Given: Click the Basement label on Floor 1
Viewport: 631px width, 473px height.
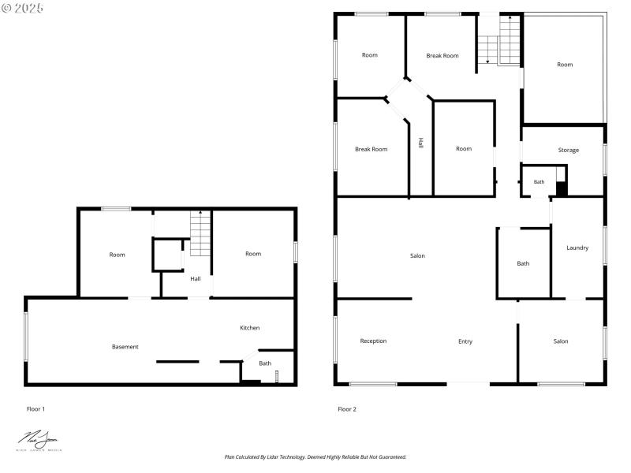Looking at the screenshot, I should [x=125, y=347].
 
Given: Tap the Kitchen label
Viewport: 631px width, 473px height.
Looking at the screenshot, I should [x=250, y=328].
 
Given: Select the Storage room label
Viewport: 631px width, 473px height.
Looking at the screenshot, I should [x=568, y=150].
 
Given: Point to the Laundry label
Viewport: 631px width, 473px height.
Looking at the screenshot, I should [x=577, y=248].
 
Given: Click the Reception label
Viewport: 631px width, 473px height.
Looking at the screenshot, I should [x=373, y=341].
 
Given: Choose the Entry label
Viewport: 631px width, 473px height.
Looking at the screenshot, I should [x=465, y=341].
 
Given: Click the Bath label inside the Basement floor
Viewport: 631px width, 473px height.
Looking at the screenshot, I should [x=265, y=363].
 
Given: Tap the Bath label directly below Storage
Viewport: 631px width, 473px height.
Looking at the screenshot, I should [x=539, y=182].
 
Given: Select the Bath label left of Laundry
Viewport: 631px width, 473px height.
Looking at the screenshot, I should [x=523, y=263].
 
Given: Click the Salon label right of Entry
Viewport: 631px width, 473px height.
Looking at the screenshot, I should [x=560, y=341].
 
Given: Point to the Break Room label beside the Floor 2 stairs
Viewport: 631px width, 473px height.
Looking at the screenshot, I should [x=442, y=56].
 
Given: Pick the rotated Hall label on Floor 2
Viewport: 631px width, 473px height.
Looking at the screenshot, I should [x=421, y=143].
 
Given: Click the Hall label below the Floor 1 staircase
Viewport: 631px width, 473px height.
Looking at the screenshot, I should [x=195, y=278].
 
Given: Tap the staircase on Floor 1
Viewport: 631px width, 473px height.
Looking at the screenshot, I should [x=201, y=234].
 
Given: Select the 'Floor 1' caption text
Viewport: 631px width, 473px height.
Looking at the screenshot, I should [x=36, y=409].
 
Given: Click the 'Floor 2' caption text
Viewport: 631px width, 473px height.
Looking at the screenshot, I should [x=347, y=409].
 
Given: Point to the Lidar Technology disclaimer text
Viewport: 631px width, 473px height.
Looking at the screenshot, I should [x=315, y=456].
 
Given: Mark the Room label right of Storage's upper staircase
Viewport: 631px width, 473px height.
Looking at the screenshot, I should [x=565, y=65].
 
